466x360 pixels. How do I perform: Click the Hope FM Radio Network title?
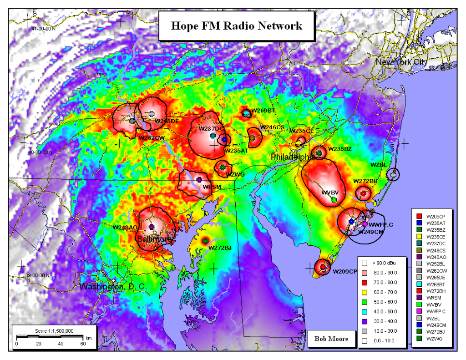tap(236, 25)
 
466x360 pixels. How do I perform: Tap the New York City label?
tap(401, 62)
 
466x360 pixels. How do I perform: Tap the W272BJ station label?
tap(220, 248)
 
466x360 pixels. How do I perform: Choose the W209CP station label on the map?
tap(344, 272)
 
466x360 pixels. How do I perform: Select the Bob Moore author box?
tap(331, 339)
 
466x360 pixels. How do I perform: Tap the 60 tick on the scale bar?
tap(83, 344)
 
